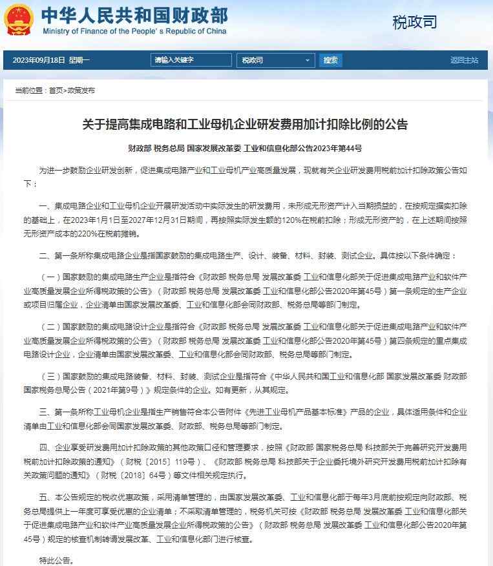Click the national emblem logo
click(x=20, y=19)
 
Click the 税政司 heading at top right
click(x=415, y=22)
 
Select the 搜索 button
click(x=330, y=60)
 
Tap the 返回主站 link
click(x=464, y=60)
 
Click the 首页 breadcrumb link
click(x=56, y=90)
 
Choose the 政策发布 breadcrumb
click(x=81, y=90)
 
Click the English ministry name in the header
click(x=134, y=30)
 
